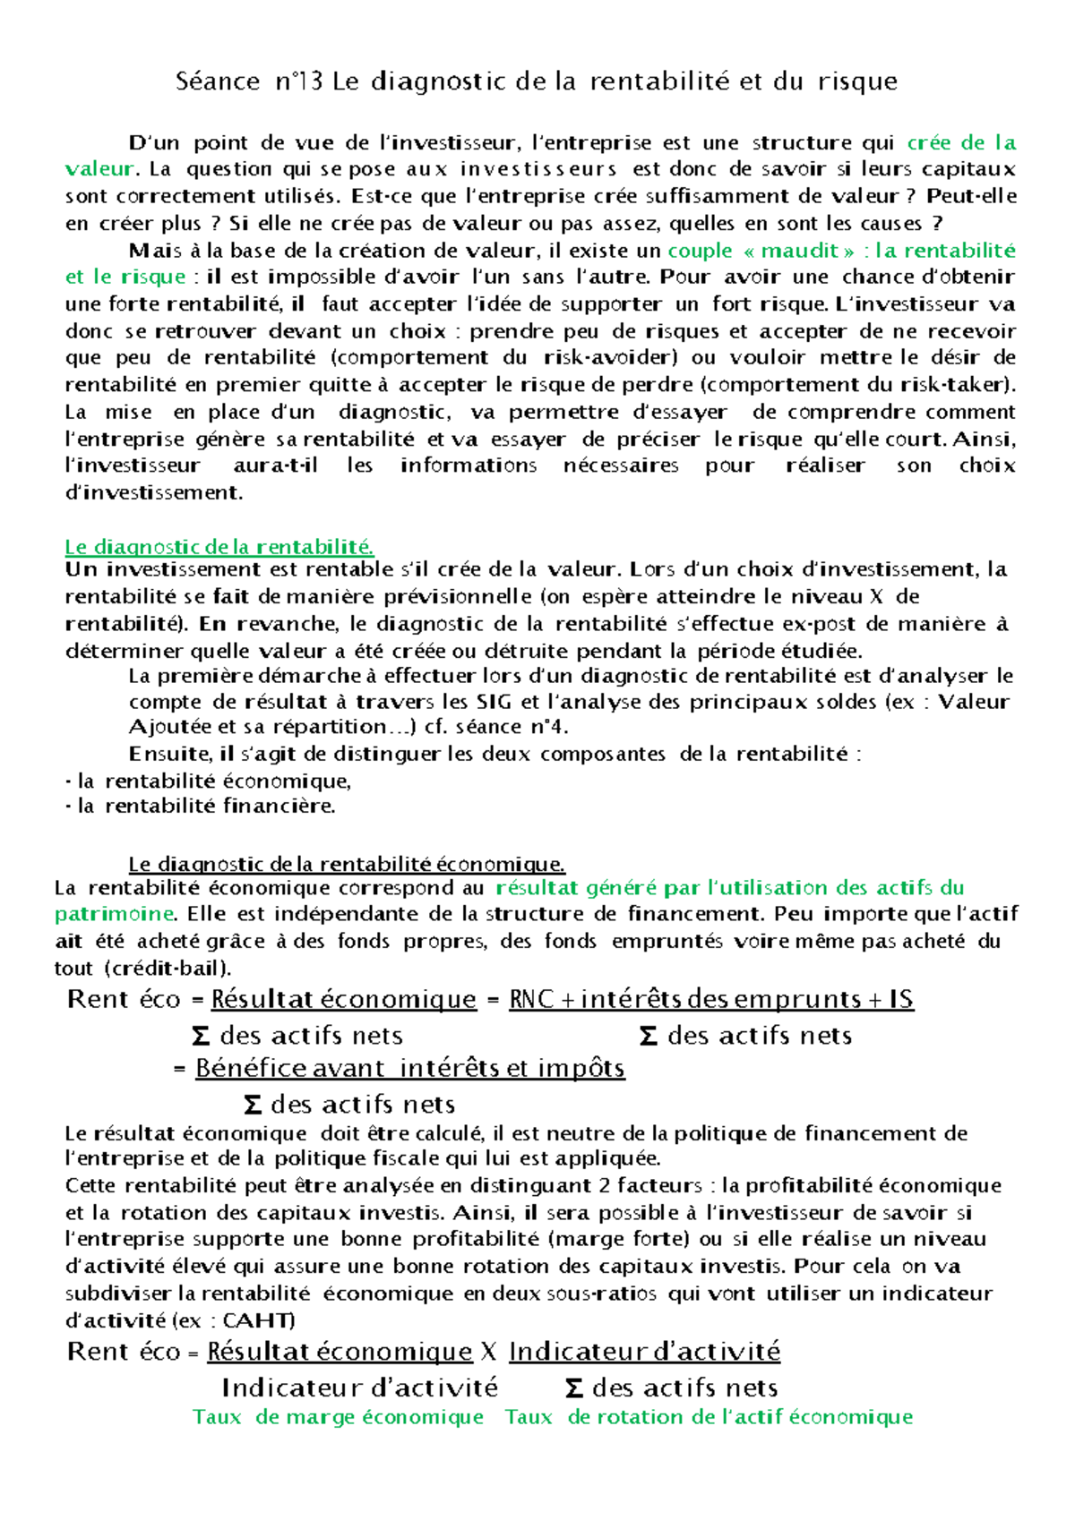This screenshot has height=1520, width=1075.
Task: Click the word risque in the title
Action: click(x=856, y=81)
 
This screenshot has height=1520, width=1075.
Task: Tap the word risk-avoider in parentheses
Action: click(x=608, y=358)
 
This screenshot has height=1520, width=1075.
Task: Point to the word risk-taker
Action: click(x=966, y=385)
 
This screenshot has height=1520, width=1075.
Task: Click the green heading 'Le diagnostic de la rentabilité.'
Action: click(x=219, y=546)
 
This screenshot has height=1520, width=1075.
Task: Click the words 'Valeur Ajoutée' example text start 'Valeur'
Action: click(x=973, y=702)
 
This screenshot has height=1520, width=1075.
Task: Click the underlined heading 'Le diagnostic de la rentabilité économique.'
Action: click(x=347, y=864)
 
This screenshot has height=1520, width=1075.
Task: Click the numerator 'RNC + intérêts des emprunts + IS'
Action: click(x=710, y=999)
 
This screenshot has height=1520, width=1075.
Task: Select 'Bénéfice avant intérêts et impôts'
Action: click(x=409, y=1068)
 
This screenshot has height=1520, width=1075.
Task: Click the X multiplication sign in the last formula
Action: click(x=488, y=1352)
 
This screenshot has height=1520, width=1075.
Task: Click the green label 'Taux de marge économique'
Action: click(x=338, y=1417)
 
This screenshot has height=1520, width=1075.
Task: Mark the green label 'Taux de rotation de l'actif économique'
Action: click(x=708, y=1417)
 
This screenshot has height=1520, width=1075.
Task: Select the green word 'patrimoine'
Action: click(x=114, y=914)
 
